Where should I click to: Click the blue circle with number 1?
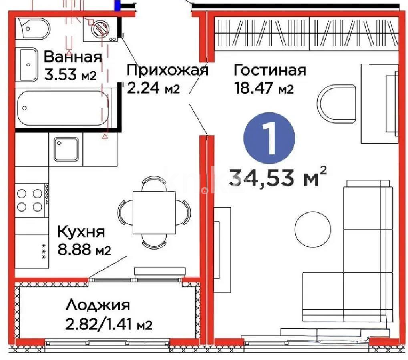coord(269,140)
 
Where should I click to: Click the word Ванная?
coord(72,57)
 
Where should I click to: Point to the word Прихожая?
coord(167,70)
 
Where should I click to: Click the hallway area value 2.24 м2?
coord(153,88)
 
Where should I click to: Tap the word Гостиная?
coord(270,70)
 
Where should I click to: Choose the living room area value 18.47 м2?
coord(264,88)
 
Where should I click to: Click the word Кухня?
coord(81,232)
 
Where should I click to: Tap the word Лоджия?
coord(98,305)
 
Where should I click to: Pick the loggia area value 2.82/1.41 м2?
coord(109,324)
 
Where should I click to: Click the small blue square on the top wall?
coord(118,6)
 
